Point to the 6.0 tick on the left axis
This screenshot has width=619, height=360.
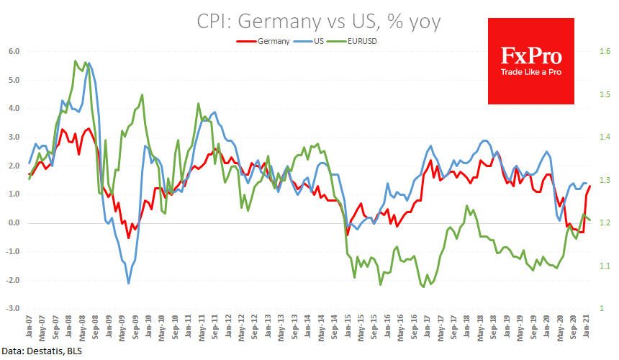point(14,52)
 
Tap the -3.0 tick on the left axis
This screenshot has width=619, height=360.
point(12,309)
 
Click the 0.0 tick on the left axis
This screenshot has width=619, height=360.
point(14,223)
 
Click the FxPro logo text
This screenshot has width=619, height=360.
point(531,55)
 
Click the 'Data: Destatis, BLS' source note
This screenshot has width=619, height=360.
point(42,352)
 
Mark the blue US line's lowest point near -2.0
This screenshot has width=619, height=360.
point(129,283)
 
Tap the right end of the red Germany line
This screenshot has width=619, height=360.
point(590,186)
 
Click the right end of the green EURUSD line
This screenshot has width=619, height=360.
point(591,220)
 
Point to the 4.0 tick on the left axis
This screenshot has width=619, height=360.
point(14,109)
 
